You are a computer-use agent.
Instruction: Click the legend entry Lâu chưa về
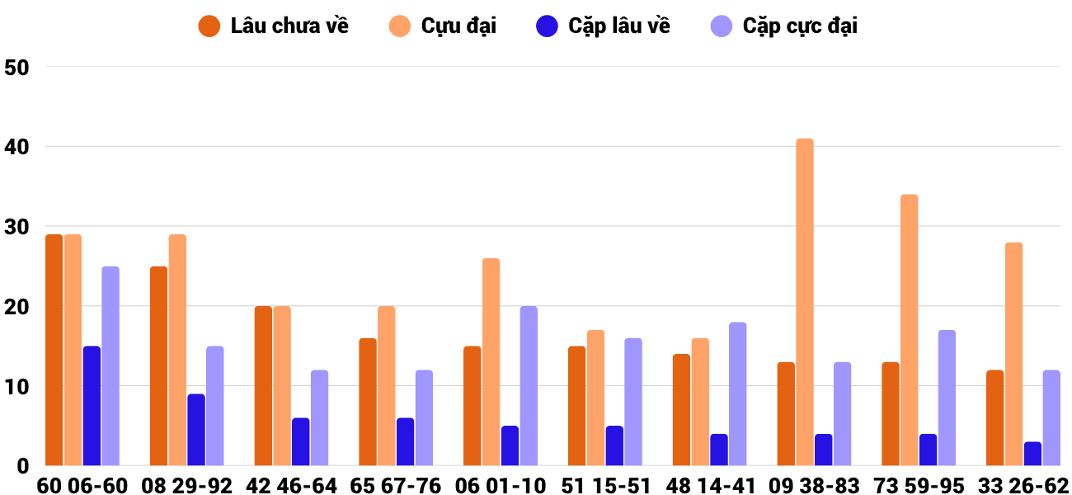click(273, 26)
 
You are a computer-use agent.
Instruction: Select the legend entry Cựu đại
click(443, 26)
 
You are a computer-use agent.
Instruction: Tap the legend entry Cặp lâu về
click(603, 26)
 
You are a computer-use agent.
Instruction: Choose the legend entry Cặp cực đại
click(784, 26)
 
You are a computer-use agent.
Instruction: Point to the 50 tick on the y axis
click(16, 68)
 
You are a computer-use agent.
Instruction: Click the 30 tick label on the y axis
click(16, 227)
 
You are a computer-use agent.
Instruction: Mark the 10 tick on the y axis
click(16, 387)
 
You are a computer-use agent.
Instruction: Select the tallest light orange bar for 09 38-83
click(805, 302)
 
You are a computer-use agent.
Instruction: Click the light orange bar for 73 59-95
click(910, 330)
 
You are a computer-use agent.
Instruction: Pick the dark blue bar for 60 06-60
click(92, 406)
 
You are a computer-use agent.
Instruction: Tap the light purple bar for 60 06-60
click(110, 365)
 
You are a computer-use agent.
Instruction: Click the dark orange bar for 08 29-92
click(158, 365)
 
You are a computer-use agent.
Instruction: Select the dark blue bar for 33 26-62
click(1032, 454)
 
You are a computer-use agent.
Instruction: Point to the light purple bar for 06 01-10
click(529, 386)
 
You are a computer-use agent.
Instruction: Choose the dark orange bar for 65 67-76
click(368, 402)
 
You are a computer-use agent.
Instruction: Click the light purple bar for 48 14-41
click(738, 394)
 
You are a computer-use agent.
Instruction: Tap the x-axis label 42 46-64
click(291, 486)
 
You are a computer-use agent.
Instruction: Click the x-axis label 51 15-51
click(605, 486)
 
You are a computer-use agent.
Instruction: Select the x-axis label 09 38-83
click(815, 486)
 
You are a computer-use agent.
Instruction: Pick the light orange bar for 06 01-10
click(491, 362)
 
